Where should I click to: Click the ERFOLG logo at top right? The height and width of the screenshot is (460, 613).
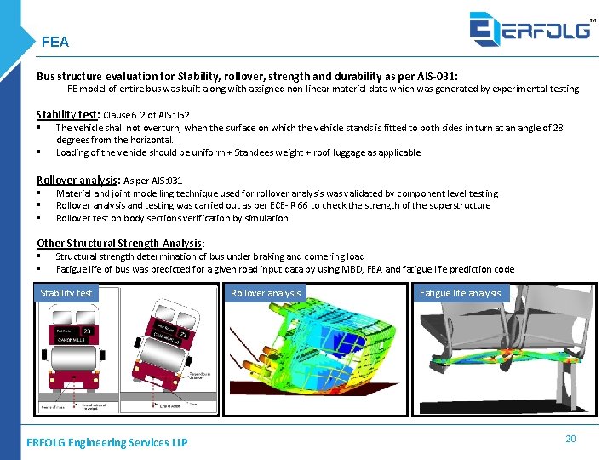coord(531,28)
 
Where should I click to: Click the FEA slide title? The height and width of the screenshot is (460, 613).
coord(54,42)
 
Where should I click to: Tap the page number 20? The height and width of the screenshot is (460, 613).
coord(570,438)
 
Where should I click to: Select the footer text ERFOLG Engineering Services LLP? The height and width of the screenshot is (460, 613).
coord(107,442)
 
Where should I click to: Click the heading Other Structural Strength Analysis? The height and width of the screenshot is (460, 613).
coord(119,243)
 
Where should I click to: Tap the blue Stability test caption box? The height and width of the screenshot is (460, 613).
coord(66,293)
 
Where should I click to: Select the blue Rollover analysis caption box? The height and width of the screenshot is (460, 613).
coord(266,293)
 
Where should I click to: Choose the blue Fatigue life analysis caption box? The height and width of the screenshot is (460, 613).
coord(460,293)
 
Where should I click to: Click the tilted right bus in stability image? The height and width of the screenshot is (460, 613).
coord(169,349)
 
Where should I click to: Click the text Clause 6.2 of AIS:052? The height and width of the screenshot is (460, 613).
coord(146,115)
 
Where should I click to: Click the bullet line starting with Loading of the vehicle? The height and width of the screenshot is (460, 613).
coord(238,152)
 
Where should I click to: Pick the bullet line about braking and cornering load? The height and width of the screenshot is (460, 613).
coord(210,256)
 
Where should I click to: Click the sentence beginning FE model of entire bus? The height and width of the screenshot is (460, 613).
coord(323,89)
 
